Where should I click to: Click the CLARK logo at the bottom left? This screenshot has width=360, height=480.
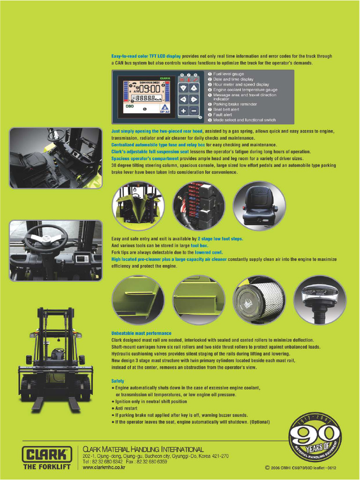pyautogui.click(x=47, y=454)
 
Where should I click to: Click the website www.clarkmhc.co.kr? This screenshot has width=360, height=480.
pyautogui.click(x=104, y=467)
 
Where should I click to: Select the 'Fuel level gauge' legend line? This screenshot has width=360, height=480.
pyautogui.click(x=228, y=74)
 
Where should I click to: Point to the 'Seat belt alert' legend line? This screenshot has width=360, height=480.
pyautogui.click(x=226, y=109)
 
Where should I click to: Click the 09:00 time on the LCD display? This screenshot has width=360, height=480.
pyautogui.click(x=149, y=89)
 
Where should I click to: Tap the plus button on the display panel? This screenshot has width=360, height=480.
pyautogui.click(x=183, y=111)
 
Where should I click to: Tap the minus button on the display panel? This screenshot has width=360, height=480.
pyautogui.click(x=194, y=111)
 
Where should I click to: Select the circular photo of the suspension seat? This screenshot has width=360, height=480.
pyautogui.click(x=259, y=206)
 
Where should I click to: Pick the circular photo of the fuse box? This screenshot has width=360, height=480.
pyautogui.click(x=198, y=206)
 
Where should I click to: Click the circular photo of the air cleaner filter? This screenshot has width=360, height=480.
pyautogui.click(x=259, y=300)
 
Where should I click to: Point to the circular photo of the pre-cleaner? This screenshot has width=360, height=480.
pyautogui.click(x=320, y=300)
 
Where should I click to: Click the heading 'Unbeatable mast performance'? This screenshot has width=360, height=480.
pyautogui.click(x=141, y=333)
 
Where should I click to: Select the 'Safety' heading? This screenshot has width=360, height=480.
pyautogui.click(x=118, y=381)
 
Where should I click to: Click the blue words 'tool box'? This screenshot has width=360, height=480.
pyautogui.click(x=199, y=246)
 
